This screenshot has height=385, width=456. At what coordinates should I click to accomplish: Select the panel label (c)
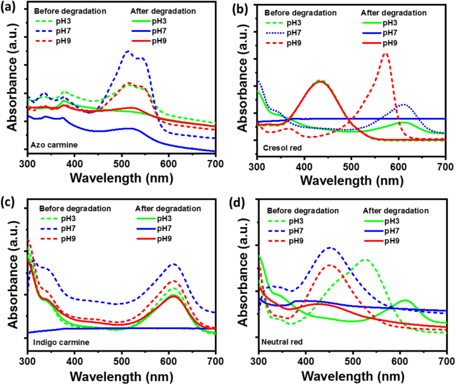[9, 202]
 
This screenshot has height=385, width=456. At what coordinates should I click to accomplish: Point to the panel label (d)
[238, 202]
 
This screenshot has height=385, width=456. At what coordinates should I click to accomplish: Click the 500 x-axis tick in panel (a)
[121, 163]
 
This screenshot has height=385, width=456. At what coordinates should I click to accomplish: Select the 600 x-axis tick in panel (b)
[398, 163]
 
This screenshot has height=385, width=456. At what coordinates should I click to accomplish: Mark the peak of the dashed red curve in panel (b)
[385, 54]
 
